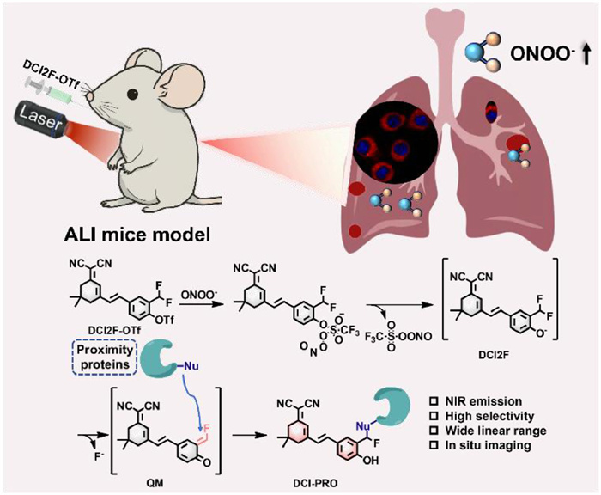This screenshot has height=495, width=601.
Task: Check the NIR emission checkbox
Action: point(456,400)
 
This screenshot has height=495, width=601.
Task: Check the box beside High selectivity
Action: point(456,415)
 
